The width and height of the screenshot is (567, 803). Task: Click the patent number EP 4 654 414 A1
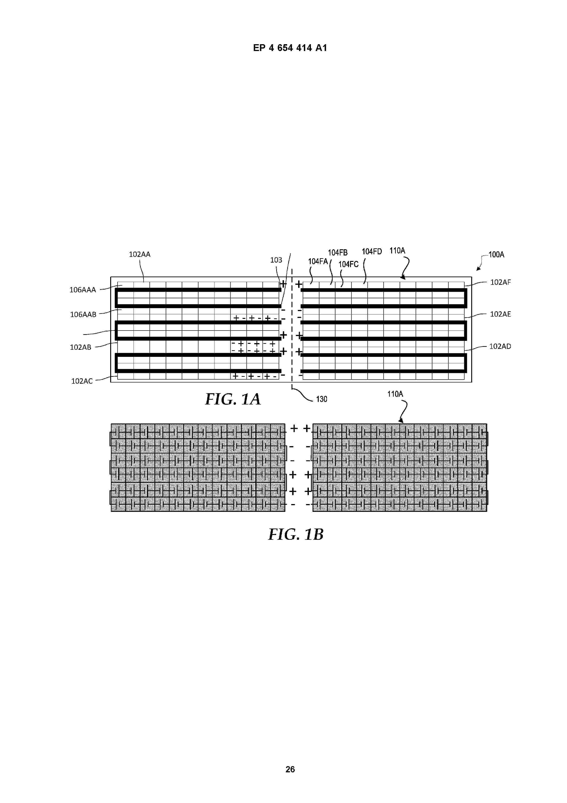pos(290,48)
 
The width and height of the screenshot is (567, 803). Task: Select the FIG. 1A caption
pos(233,399)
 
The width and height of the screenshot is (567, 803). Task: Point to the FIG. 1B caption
pos(296,534)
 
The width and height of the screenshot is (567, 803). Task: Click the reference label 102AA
pos(139,255)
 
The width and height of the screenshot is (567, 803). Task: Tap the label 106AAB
pos(83,315)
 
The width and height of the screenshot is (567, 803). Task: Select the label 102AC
pos(82,381)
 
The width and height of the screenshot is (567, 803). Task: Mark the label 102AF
pos(500,282)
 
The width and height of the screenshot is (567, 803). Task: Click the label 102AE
pos(500,314)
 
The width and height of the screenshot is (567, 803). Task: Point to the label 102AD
pos(500,347)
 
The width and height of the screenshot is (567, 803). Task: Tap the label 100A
pos(496,255)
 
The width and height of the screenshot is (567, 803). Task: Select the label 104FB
pos(337,252)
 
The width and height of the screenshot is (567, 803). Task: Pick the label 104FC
pos(348,264)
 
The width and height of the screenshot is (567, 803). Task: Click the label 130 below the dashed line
pos(321,399)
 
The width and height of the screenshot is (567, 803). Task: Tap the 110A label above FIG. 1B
pos(395,394)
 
